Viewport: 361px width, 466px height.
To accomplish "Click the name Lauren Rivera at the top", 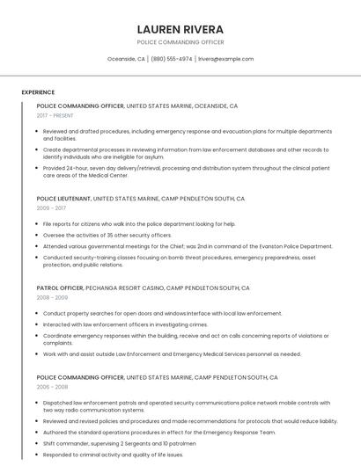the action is pos(180,29).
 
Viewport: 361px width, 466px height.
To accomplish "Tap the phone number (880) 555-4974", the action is pos(171,59).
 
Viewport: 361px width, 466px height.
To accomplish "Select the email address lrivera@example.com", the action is pos(225,59).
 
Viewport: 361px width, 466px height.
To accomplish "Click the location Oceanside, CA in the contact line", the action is pos(126,59).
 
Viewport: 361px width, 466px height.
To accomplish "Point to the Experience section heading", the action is pos(38,92).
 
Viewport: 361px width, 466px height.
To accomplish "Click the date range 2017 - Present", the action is pos(55,115).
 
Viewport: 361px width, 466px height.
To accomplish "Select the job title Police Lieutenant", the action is pos(63,199).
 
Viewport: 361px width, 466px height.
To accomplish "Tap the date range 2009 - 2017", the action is pos(51,208).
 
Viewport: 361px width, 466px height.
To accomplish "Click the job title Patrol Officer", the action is pos(60,288).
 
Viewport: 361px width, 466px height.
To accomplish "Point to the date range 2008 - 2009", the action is pos(51,297).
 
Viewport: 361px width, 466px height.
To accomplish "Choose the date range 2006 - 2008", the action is pos(51,387).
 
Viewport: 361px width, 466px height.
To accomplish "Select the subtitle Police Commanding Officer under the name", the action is pos(180,42).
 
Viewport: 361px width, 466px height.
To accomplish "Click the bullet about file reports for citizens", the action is pos(139,224).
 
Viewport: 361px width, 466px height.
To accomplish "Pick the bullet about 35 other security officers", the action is pos(107,235).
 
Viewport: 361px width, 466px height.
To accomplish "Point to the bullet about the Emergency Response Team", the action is pos(159,432).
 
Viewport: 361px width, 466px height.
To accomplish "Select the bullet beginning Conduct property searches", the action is pos(163,313).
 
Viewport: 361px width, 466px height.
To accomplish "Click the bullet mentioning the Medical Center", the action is pos(186,171).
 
